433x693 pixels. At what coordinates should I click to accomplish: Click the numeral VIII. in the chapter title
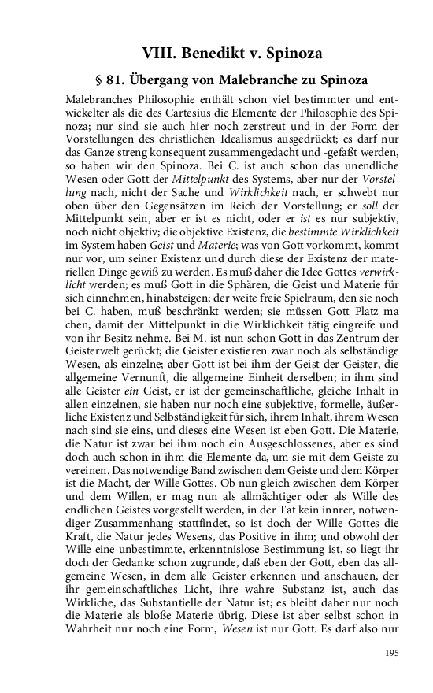pos(158,54)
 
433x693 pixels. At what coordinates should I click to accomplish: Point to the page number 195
pos(392,653)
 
